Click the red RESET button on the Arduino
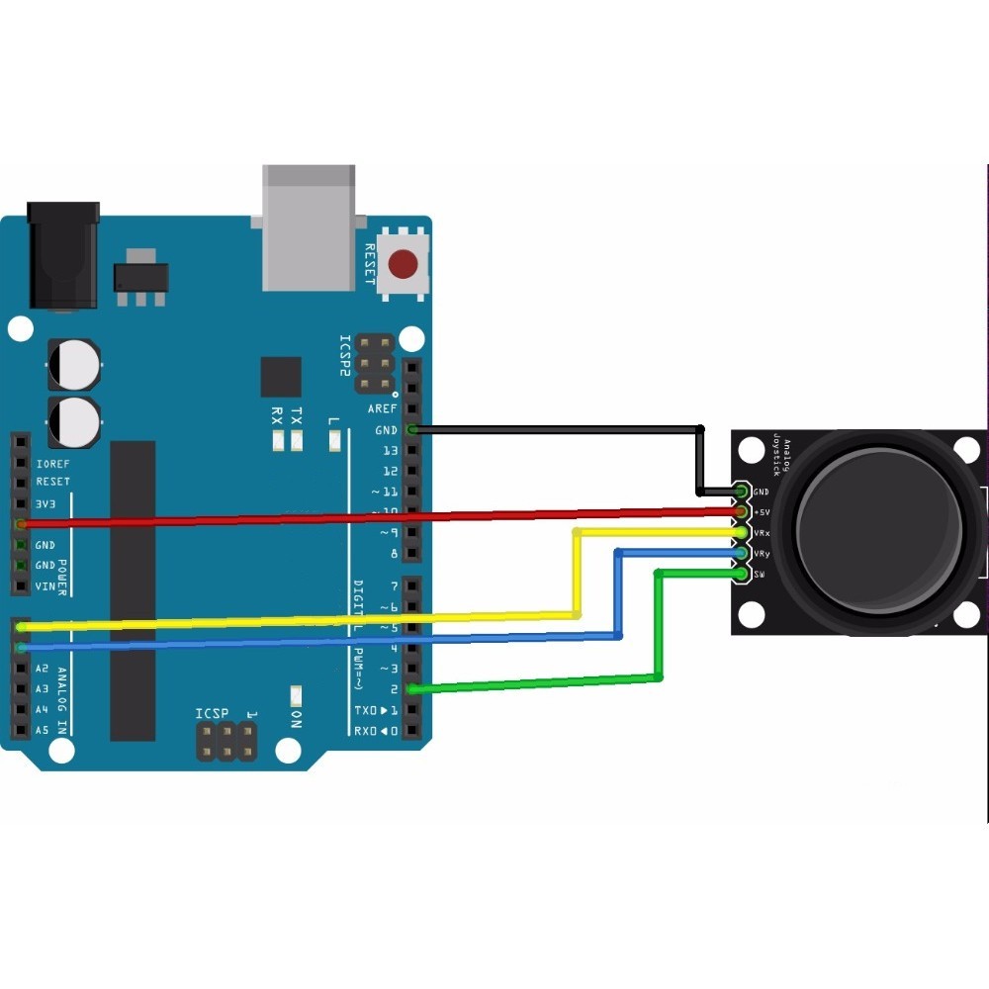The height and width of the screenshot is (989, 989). point(403,265)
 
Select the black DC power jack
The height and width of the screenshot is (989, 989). point(64,255)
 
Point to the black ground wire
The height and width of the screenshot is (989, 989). point(554,429)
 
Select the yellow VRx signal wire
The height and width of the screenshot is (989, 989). point(297,620)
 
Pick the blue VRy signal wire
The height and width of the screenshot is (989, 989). point(297,642)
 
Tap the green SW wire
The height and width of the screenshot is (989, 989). point(534,682)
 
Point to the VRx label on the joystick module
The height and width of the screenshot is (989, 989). point(762,533)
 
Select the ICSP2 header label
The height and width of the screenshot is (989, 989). point(345,356)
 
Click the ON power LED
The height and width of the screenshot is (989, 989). point(295,695)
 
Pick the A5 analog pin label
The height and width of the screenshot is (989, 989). point(42,731)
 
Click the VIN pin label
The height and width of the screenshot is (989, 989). point(45,586)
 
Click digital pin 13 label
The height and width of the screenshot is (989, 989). point(390,451)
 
